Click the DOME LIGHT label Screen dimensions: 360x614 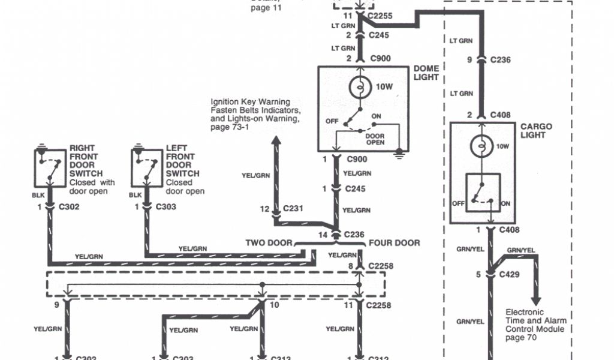point(426,73)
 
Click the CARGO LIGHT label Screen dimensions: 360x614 point(535,131)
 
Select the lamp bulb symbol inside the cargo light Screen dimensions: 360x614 point(480,146)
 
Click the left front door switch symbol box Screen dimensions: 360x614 point(146,167)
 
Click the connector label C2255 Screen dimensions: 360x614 point(380,16)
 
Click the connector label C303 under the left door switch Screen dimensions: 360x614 point(167,206)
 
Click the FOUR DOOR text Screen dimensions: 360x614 point(395,243)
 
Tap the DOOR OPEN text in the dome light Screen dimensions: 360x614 point(375,140)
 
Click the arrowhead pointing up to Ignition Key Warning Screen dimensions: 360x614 point(276,142)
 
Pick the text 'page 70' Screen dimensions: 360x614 point(520,338)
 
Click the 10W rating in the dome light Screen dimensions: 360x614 point(384,86)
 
